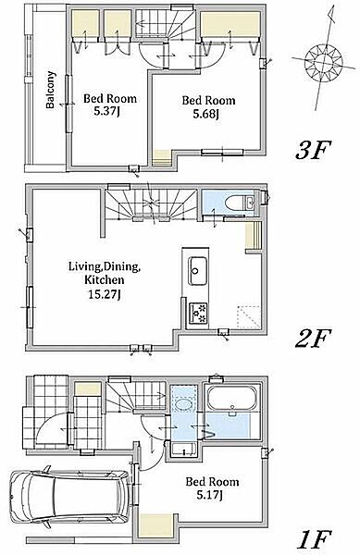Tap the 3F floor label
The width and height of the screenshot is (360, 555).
(313, 150)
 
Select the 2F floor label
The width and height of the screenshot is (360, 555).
(313, 339)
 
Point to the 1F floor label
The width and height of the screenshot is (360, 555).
(314, 540)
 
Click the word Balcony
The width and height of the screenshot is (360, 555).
(51, 90)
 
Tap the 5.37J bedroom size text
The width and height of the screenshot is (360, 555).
(106, 112)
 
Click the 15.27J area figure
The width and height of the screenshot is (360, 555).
(105, 294)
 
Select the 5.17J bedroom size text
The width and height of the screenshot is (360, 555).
(209, 495)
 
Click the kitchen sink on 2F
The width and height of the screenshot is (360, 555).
(197, 271)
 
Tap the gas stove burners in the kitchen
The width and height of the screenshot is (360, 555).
(199, 314)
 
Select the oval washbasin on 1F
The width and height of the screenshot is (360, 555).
(183, 404)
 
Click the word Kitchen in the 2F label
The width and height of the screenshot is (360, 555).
(104, 280)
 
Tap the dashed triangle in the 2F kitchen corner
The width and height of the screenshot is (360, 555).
(249, 316)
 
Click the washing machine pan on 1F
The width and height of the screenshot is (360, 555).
(184, 450)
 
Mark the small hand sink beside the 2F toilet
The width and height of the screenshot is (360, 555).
(250, 203)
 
